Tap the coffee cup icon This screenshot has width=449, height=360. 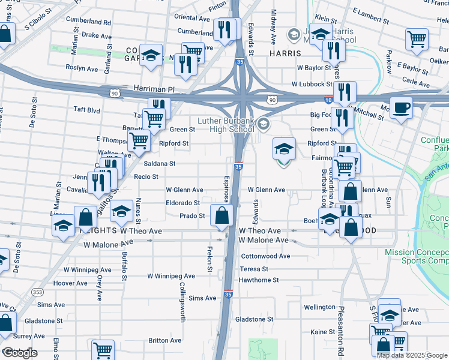point(402,109)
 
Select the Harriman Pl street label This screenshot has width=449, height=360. point(154,89)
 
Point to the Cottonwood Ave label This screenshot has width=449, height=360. point(265,256)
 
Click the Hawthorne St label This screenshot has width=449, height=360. point(259,280)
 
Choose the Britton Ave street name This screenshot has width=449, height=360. point(165,340)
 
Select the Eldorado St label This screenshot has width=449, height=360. point(183,203)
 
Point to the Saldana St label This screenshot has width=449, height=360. point(158,163)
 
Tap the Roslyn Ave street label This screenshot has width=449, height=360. point(82,68)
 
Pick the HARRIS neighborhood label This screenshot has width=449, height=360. point(285,53)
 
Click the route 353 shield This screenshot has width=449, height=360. point(38,292)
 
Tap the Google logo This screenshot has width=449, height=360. point(20,353)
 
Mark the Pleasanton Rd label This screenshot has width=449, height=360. point(340,332)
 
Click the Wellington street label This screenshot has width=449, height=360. point(319,307)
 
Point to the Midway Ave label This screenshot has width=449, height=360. point(273,28)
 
